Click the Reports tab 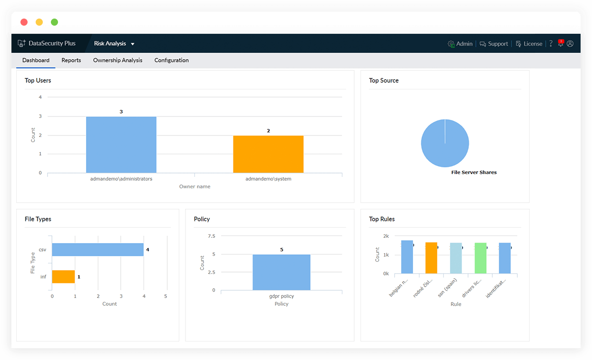click(71, 60)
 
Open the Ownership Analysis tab click(117, 60)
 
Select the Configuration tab click(172, 60)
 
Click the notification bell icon click(561, 44)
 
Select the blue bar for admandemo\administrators click(121, 145)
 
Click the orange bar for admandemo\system click(268, 154)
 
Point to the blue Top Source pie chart click(445, 143)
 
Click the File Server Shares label click(474, 172)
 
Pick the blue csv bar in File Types click(97, 250)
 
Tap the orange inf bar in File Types click(63, 277)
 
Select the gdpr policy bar click(281, 272)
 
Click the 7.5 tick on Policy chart click(212, 236)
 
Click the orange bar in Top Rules click(431, 258)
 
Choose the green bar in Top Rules click(480, 258)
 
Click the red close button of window click(24, 22)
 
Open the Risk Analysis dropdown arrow click(133, 44)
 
